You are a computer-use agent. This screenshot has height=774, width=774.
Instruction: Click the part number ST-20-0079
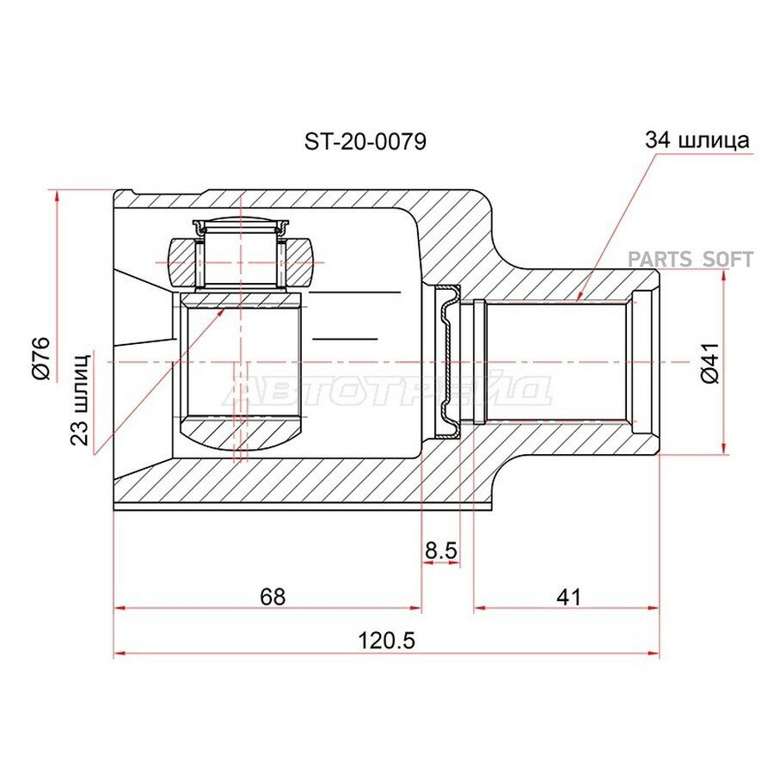point(365,142)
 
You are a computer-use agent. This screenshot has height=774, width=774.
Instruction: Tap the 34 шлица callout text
point(697,140)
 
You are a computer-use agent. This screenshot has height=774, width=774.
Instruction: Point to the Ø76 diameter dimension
point(41,358)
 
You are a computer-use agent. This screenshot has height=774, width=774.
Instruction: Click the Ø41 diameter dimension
point(709,363)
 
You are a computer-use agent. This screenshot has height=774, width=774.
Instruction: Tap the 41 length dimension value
point(568,597)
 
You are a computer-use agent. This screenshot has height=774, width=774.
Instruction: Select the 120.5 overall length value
point(386,641)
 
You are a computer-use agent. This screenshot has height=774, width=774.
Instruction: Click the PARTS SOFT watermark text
point(690,259)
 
